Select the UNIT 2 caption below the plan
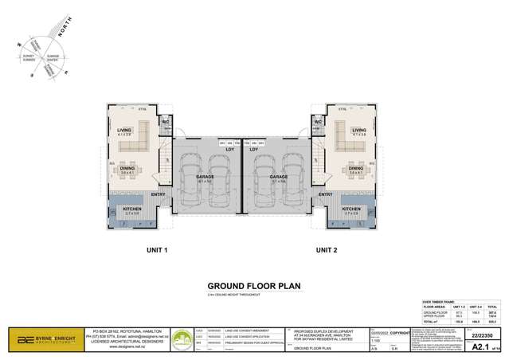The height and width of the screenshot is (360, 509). coord(327,250)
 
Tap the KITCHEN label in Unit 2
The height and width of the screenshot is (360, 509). coord(351,209)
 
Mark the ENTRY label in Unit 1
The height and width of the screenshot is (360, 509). coord(158,194)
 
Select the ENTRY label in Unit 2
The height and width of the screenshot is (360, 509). coord(325,194)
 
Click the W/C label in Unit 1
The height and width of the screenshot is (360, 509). coord(166,122)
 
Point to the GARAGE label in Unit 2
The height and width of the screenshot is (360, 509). coord(279,177)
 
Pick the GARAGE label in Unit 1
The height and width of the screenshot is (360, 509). coord(205,177)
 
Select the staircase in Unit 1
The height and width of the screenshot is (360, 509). coord(165,163)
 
